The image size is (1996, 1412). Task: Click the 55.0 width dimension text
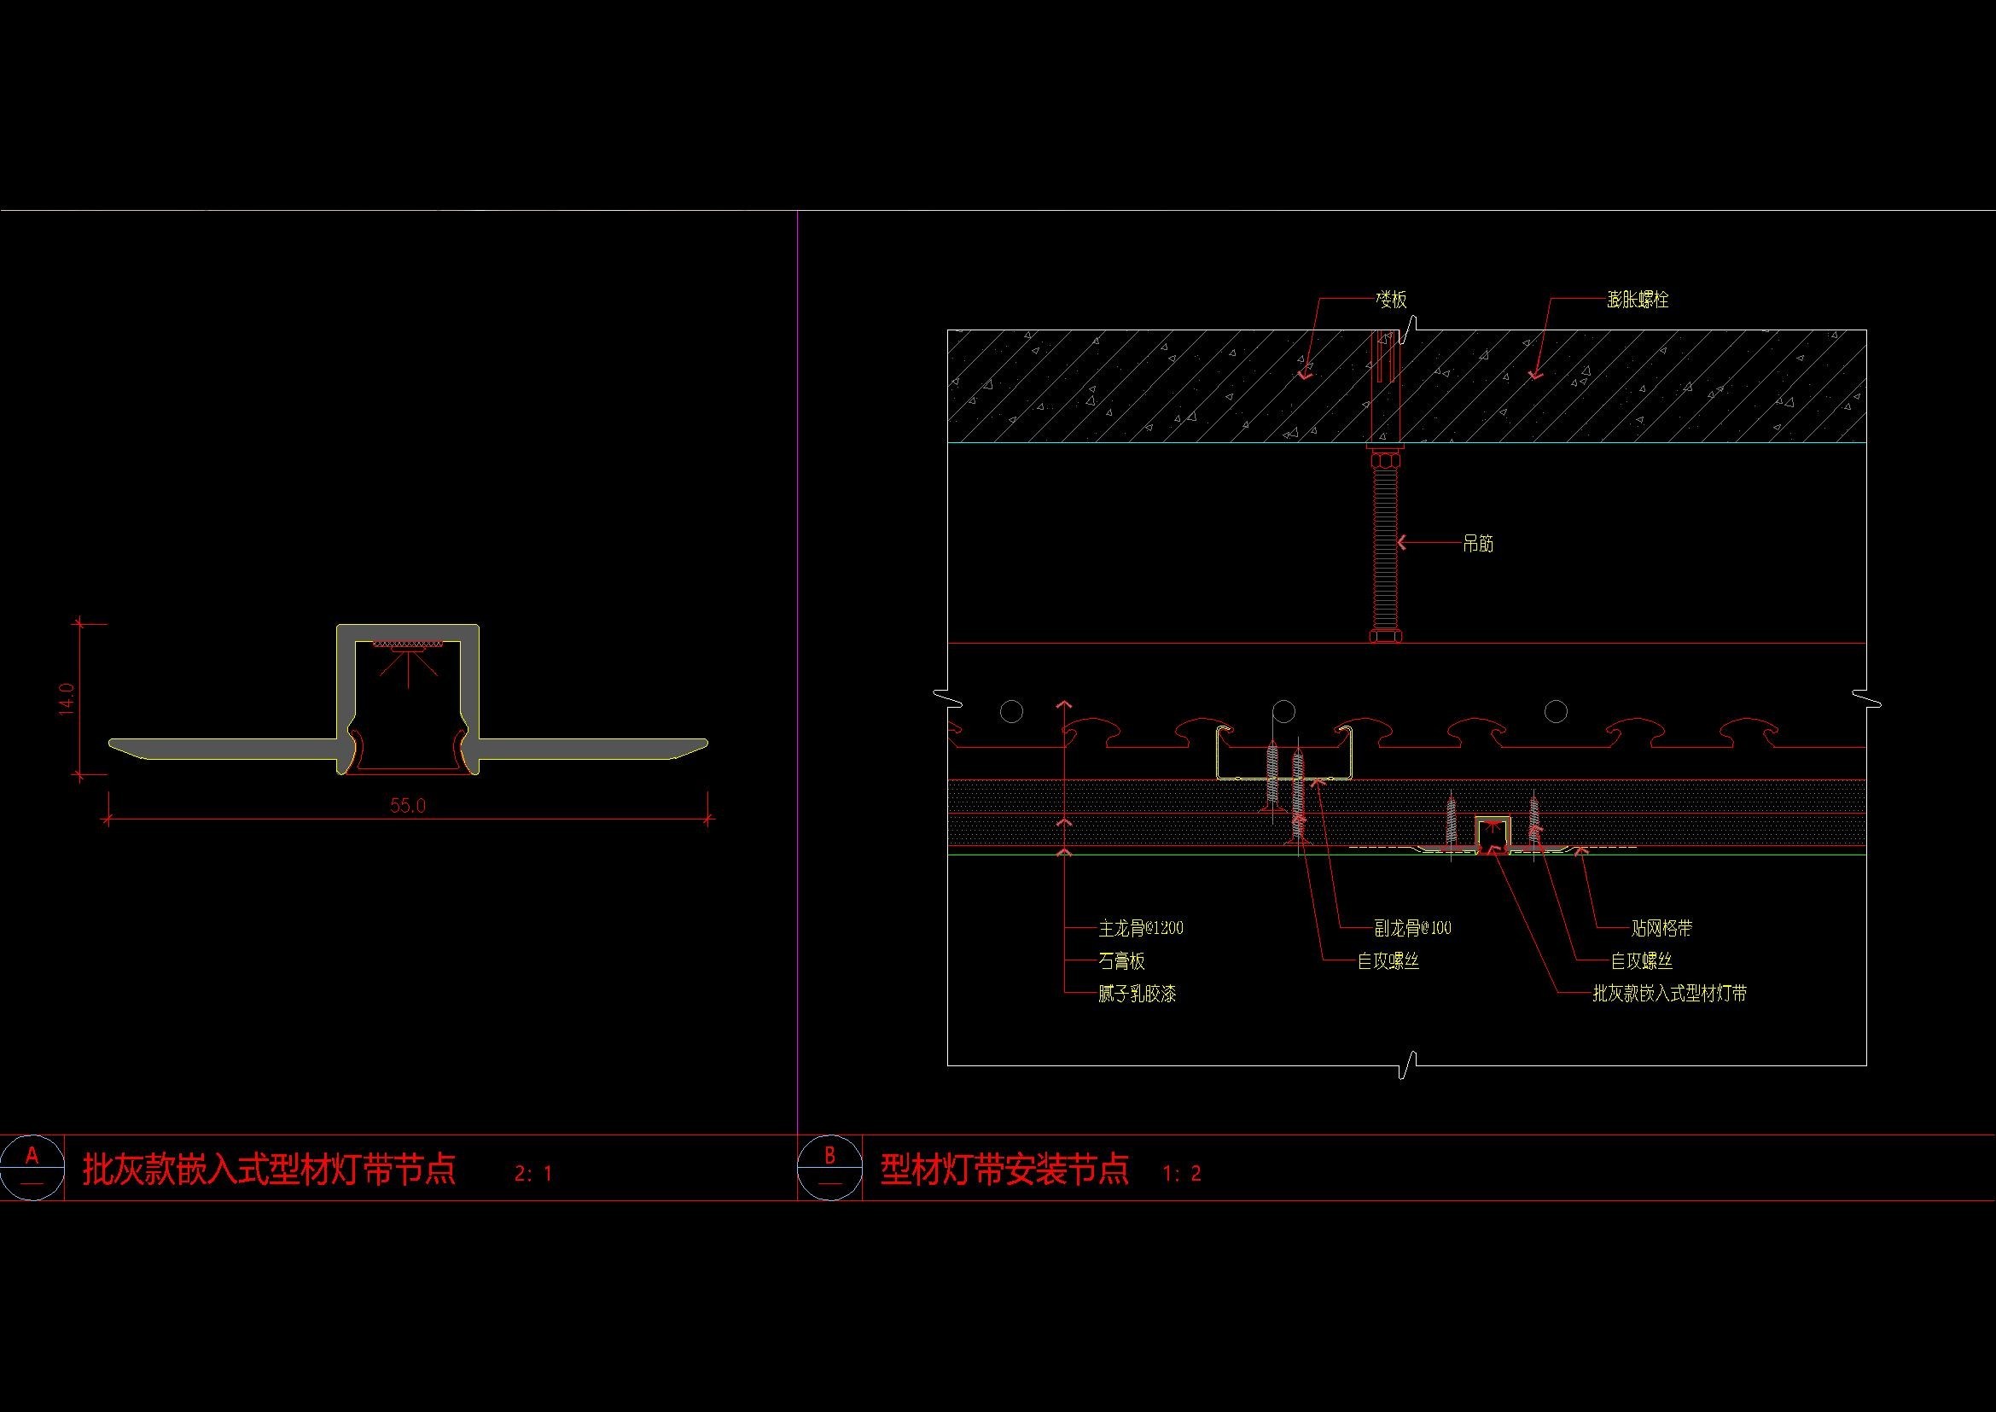coord(407,806)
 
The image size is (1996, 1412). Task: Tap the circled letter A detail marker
coord(32,1168)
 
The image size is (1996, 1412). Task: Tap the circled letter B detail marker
coord(829,1168)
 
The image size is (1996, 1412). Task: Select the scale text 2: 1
coord(532,1174)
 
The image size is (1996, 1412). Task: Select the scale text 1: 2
coord(1181,1174)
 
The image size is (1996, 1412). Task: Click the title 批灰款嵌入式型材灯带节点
coord(270,1170)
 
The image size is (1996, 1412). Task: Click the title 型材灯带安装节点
coord(1005,1170)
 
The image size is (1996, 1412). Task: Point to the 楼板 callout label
coord(1391,300)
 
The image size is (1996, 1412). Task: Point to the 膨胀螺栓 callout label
coord(1638,300)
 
